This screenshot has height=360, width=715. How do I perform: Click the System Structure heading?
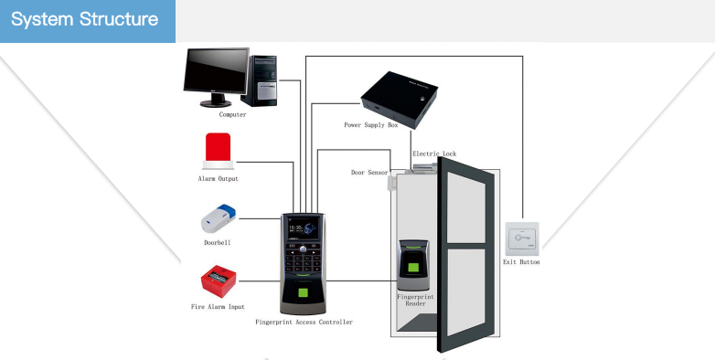[84, 19]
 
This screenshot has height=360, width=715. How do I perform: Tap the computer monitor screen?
[216, 70]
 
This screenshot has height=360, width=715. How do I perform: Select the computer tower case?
[260, 80]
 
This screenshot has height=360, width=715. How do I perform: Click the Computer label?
[232, 115]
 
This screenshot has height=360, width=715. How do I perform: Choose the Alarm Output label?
[218, 179]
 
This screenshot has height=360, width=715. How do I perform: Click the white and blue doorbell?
[219, 218]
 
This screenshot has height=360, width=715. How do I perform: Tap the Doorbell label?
[217, 243]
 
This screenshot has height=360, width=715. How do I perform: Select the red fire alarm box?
[219, 281]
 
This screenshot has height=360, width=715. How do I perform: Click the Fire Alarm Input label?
[218, 307]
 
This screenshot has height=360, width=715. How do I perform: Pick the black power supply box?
[399, 100]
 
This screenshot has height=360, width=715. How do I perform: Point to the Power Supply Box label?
[370, 125]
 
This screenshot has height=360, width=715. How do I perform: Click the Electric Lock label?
[434, 154]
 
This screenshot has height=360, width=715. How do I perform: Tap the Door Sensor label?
[369, 173]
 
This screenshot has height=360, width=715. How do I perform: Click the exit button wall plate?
[522, 238]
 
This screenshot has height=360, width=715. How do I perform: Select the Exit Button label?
[521, 262]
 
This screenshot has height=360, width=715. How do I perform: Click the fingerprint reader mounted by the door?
[413, 265]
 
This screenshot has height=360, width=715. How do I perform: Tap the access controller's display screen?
[304, 228]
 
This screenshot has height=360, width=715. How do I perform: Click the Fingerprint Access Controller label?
[304, 323]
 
